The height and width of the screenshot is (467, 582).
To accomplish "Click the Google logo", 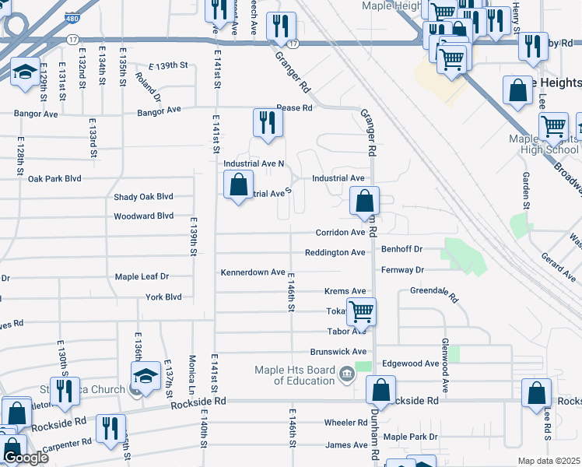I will (x=26, y=458).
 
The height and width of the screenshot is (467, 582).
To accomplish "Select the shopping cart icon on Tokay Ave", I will (x=361, y=311).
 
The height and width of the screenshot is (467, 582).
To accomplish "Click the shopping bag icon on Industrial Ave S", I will (x=239, y=185).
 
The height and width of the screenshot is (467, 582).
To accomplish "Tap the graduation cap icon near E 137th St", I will (x=145, y=375).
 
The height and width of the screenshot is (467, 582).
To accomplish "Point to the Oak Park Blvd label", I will (x=54, y=178).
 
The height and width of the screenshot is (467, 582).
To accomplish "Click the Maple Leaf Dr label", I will (x=142, y=276).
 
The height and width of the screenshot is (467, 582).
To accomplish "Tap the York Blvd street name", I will (x=163, y=297).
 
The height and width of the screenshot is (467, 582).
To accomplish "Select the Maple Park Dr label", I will (x=410, y=437).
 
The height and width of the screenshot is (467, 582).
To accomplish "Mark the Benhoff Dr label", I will (x=401, y=249).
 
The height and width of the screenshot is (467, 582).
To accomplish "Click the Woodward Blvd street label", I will (x=143, y=216).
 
